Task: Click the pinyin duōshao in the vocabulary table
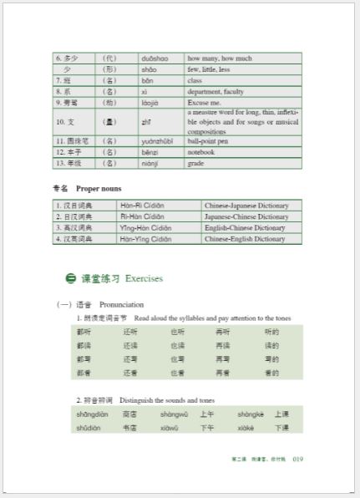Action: pyautogui.click(x=155, y=58)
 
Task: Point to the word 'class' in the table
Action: pyautogui.click(x=195, y=80)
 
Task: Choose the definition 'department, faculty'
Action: pyautogui.click(x=215, y=91)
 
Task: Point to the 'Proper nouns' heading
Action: pyautogui.click(x=99, y=189)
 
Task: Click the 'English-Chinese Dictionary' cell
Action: pyautogui.click(x=246, y=227)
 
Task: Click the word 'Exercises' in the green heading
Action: pyautogui.click(x=144, y=278)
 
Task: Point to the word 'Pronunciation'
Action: pyautogui.click(x=122, y=304)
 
